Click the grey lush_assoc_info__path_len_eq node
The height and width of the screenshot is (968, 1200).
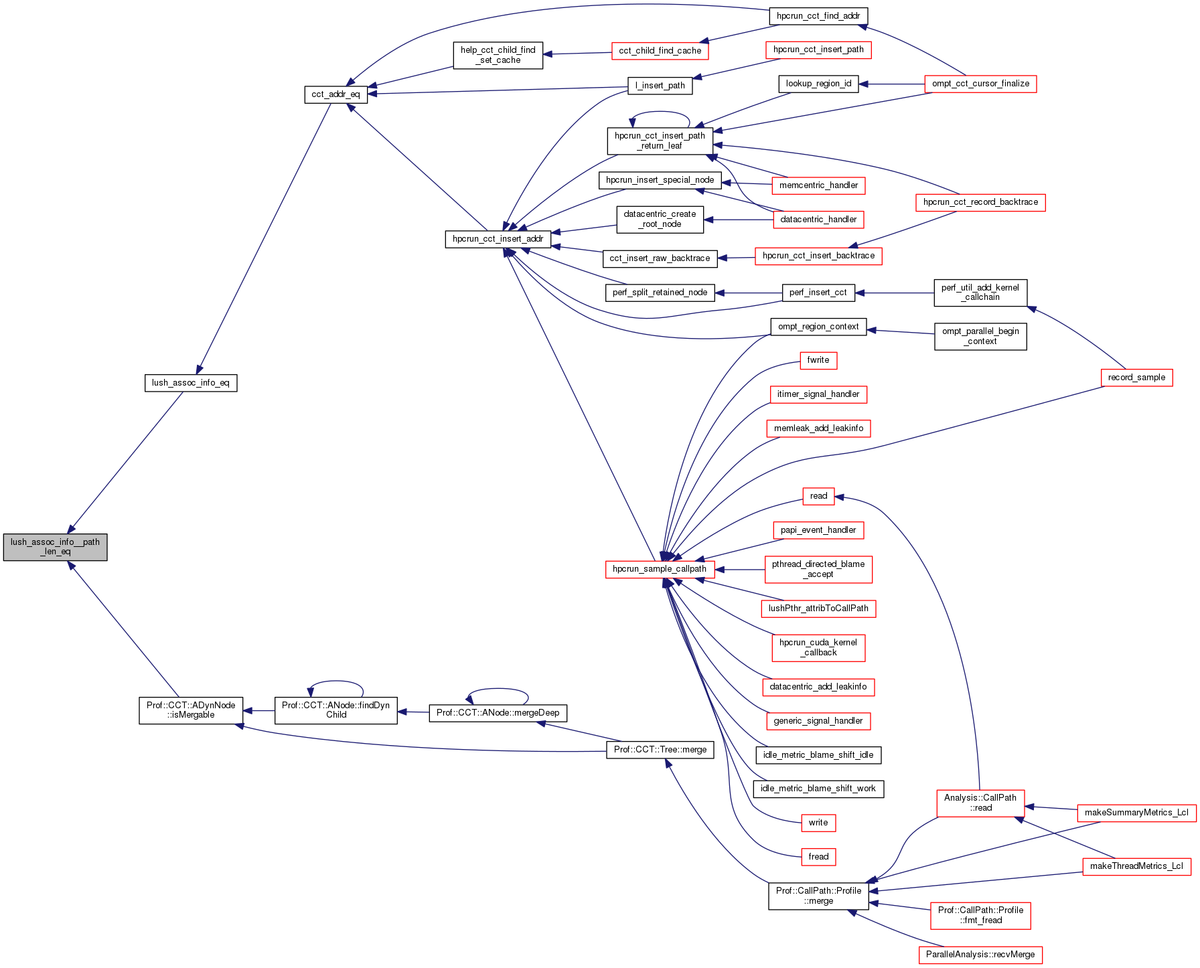55,547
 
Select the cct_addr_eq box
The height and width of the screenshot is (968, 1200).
335,94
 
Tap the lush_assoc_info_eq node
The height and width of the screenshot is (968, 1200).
191,383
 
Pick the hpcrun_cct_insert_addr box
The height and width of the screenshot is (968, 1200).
498,239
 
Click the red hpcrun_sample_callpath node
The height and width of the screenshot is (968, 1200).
660,569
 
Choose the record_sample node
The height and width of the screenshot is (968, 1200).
1136,378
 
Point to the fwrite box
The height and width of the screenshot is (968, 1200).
818,360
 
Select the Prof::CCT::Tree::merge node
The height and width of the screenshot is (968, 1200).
660,750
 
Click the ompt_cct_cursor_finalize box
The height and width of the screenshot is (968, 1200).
980,84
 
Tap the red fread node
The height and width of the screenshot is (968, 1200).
818,857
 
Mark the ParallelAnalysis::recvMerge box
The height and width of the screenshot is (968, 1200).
980,955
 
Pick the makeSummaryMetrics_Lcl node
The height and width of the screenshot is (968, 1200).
1136,813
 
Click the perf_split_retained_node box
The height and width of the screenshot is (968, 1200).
660,293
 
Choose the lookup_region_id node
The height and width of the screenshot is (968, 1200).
818,84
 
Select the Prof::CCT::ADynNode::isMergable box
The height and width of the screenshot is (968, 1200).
191,710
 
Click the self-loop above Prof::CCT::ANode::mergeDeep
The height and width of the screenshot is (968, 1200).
498,690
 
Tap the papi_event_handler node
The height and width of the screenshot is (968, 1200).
818,530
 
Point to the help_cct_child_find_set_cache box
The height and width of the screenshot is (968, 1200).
498,56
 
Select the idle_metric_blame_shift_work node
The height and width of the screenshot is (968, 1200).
818,789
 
